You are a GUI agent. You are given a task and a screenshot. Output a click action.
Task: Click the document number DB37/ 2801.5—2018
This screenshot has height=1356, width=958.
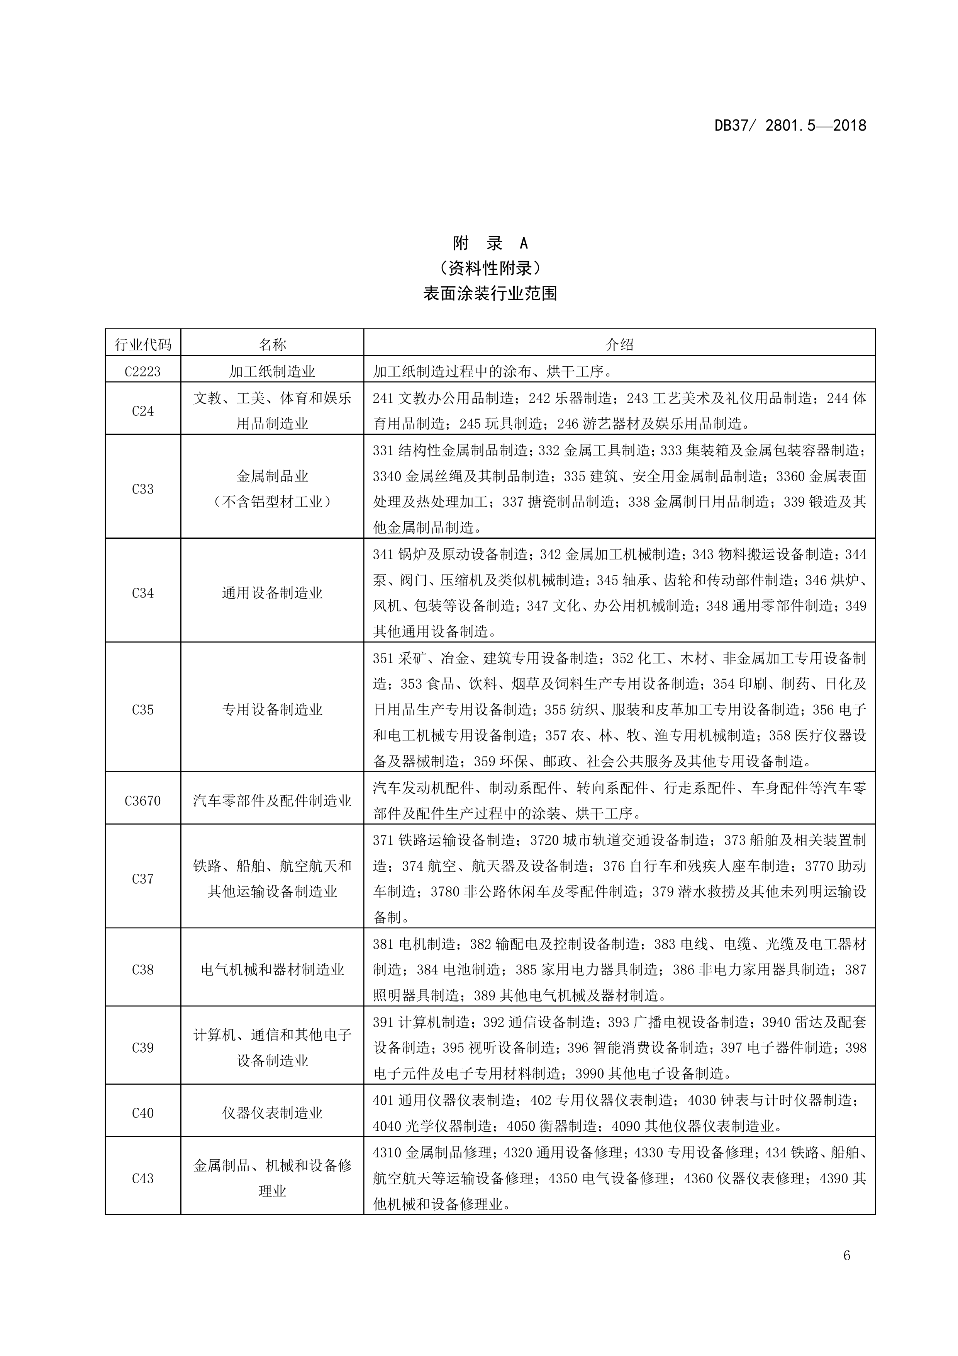(x=790, y=126)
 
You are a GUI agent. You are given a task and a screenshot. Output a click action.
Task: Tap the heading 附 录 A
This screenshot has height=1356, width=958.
(x=490, y=243)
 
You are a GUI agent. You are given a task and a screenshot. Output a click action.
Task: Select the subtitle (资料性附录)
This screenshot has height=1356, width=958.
(x=490, y=268)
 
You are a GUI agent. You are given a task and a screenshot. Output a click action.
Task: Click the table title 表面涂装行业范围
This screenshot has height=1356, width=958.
(x=490, y=294)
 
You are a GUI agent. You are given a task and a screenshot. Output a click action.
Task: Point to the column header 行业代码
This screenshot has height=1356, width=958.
(x=143, y=344)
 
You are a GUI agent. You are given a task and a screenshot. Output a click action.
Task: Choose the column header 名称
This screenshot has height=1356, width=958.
(x=272, y=344)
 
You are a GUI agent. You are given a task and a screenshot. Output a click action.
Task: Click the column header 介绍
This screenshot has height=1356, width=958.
(x=619, y=344)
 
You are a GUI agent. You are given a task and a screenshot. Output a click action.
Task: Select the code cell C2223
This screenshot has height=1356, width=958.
(x=143, y=371)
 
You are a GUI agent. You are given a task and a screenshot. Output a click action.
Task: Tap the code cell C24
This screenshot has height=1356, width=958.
(x=143, y=410)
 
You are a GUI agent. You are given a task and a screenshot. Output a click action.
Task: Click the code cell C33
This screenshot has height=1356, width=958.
(x=143, y=488)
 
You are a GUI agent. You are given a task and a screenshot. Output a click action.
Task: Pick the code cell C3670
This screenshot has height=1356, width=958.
(x=143, y=800)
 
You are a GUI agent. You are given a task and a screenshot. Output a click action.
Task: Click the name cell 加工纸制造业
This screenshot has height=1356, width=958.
(x=272, y=371)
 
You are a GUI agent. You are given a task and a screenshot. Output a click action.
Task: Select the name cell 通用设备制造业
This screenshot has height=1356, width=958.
(x=272, y=592)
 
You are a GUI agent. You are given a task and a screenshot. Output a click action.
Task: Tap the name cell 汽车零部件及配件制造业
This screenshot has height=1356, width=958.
(x=272, y=800)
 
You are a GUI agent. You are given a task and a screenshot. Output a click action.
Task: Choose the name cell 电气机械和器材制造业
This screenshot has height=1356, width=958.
(x=272, y=969)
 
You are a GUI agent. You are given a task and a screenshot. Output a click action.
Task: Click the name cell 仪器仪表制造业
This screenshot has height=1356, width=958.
(x=272, y=1113)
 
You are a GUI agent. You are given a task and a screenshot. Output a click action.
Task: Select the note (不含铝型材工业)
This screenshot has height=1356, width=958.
(x=272, y=502)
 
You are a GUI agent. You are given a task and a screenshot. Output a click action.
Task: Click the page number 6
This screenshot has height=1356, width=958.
(x=846, y=1271)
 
